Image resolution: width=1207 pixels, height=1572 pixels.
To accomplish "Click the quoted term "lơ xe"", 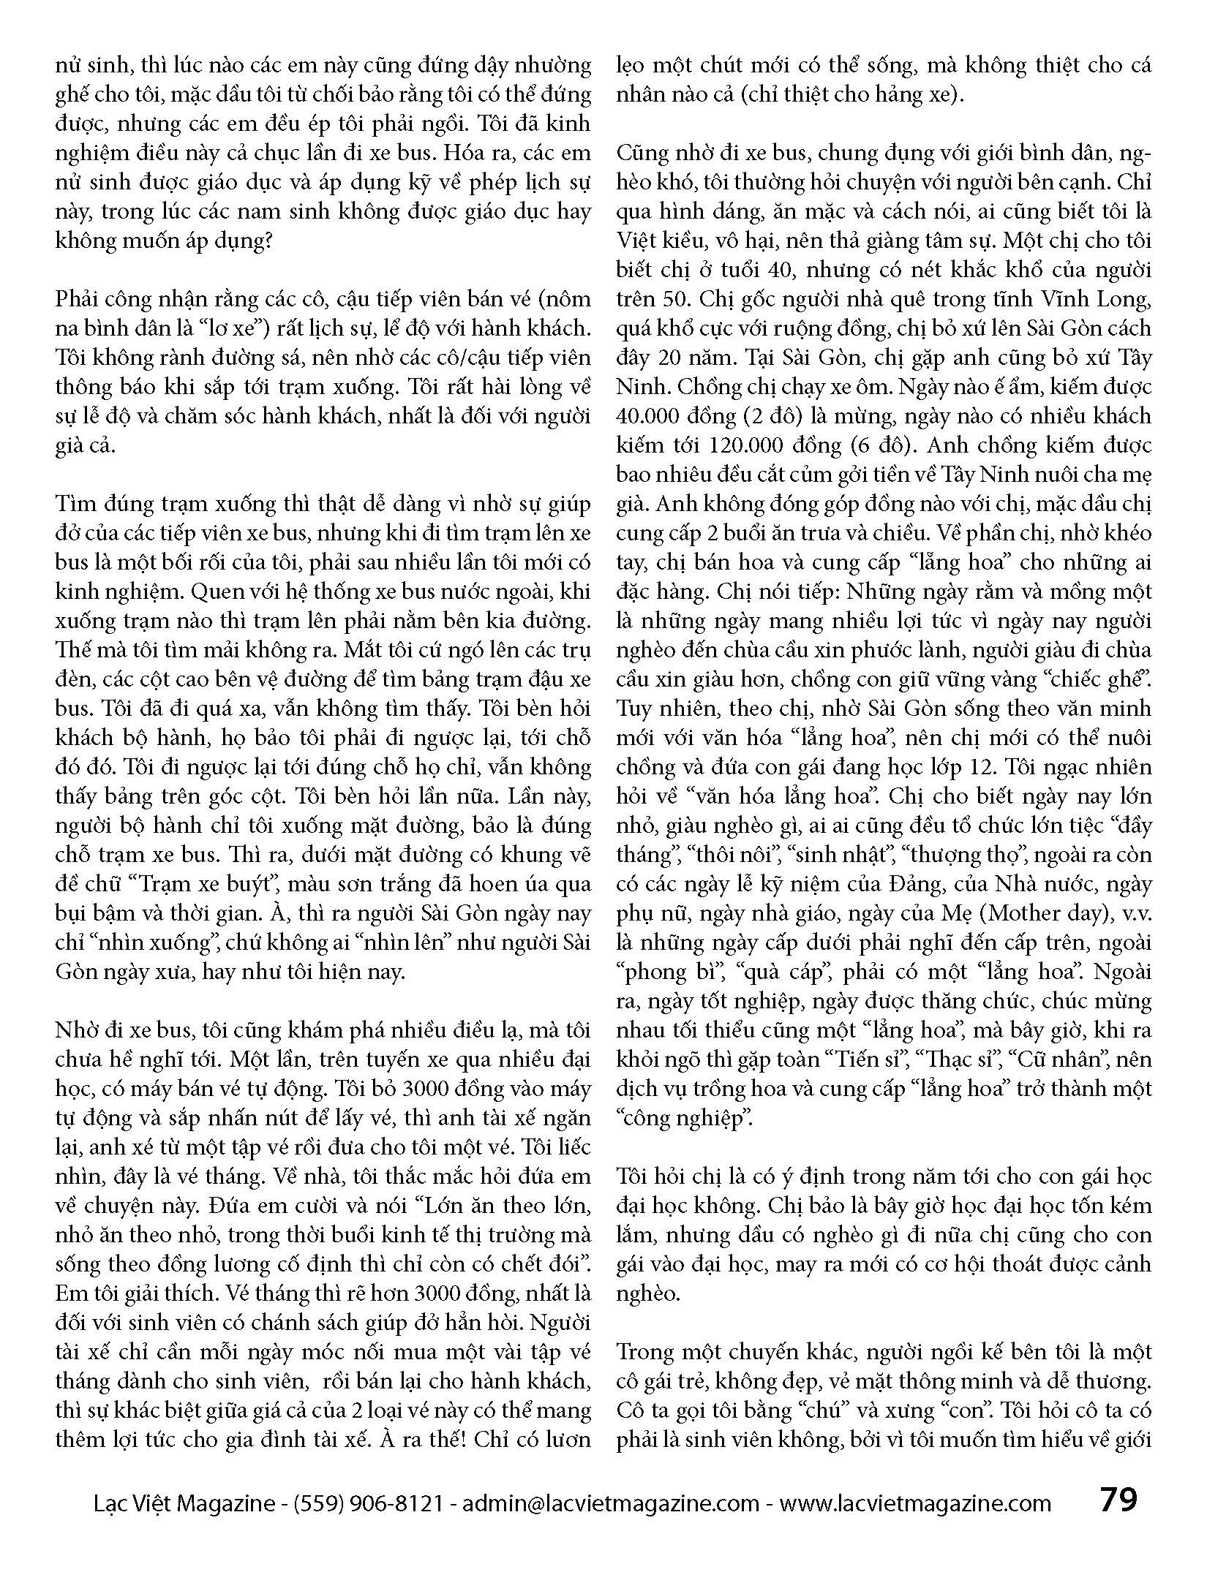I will pos(233,328).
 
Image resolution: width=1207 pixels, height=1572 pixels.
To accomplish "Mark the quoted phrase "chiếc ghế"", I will pos(1097,679).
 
